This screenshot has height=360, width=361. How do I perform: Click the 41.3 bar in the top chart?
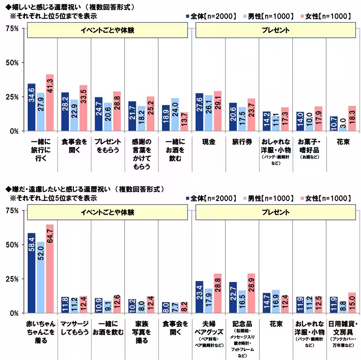pyautogui.click(x=50, y=103)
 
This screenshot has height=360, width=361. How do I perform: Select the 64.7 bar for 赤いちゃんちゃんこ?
pyautogui.click(x=50, y=269)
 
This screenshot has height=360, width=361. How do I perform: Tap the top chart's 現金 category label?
pyautogui.click(x=208, y=142)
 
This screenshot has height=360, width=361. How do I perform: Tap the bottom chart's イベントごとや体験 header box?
pyautogui.click(x=107, y=213)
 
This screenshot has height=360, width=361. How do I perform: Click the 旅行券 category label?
pyautogui.click(x=242, y=142)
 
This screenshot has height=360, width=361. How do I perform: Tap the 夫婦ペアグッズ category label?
pyautogui.click(x=208, y=328)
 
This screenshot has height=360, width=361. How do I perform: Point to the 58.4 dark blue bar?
pyautogui.click(x=31, y=273)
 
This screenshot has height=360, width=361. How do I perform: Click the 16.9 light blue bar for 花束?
pyautogui.click(x=276, y=301)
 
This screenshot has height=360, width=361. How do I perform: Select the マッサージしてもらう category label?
pyautogui.click(x=74, y=328)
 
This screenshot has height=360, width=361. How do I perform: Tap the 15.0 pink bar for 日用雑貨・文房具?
pyautogui.click(x=352, y=303)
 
